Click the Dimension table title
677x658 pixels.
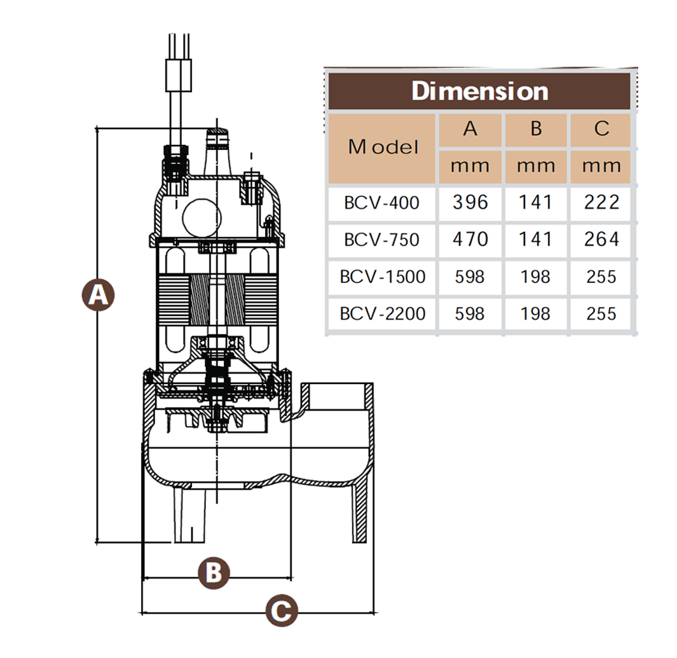(x=480, y=91)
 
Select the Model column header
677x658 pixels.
(x=383, y=147)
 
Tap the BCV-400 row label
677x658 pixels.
(x=381, y=203)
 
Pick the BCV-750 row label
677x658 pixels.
(x=381, y=240)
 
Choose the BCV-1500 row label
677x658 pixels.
(x=383, y=277)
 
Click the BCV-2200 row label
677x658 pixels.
(x=383, y=314)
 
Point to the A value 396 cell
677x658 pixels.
(x=470, y=203)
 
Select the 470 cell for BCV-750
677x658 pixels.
(x=470, y=240)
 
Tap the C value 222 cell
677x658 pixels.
(x=601, y=203)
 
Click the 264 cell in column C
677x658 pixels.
(x=601, y=240)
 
